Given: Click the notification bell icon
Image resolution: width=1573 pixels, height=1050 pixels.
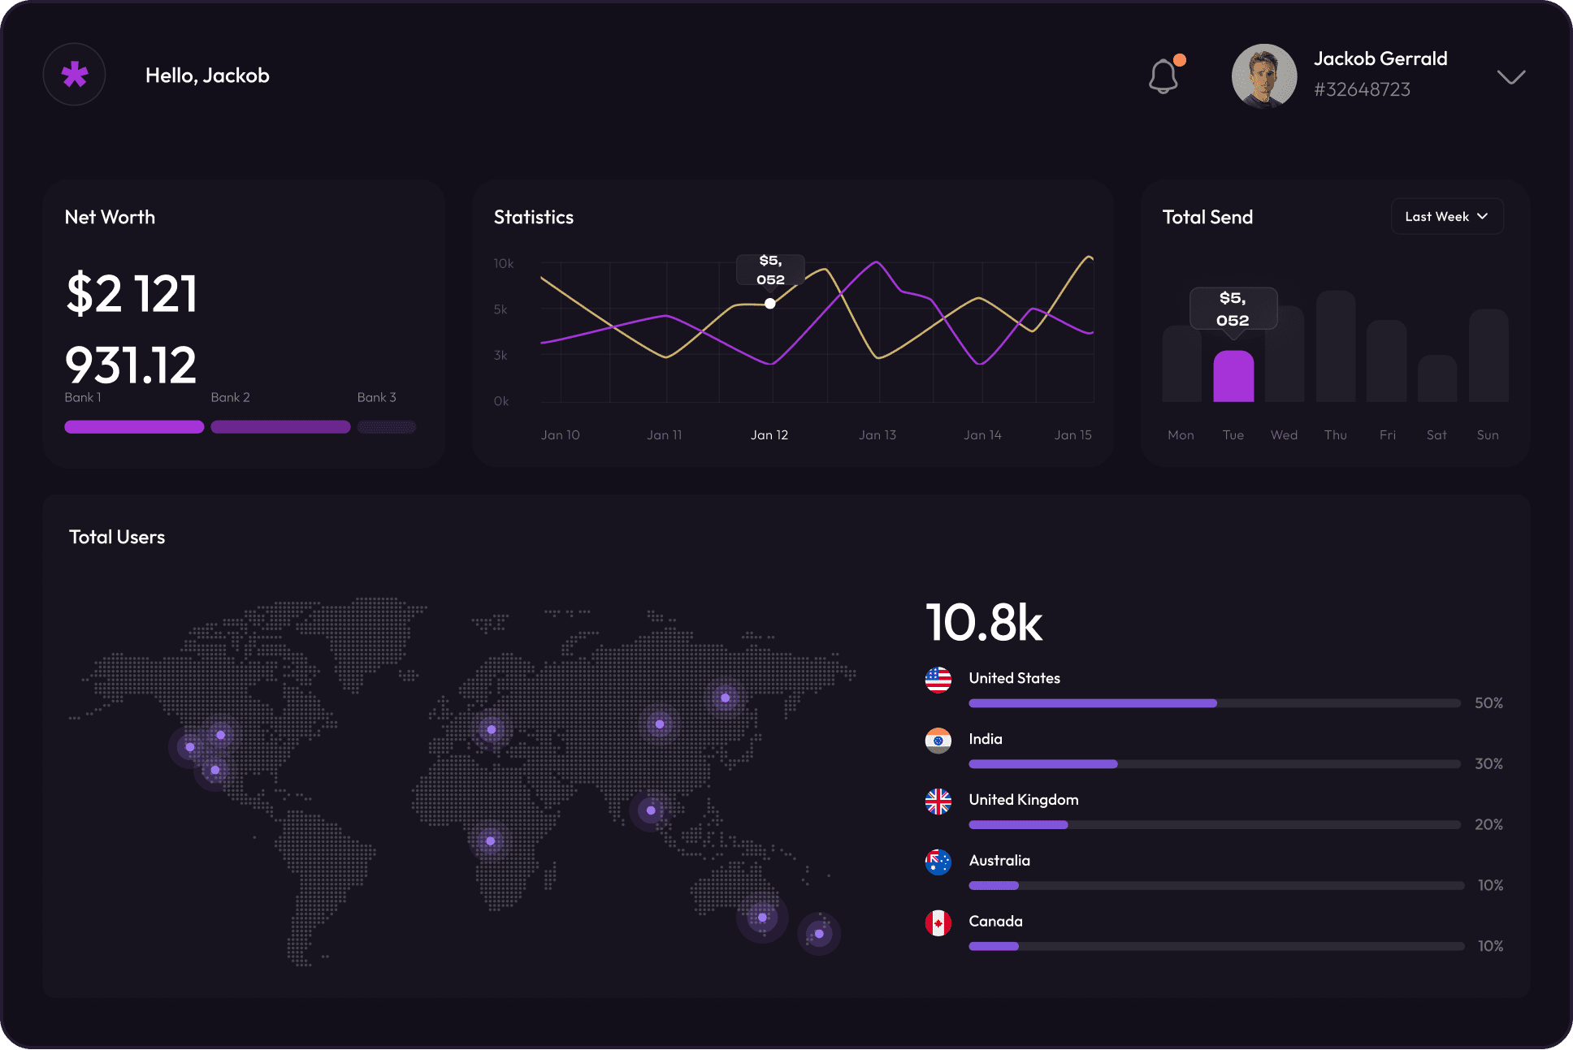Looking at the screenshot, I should pos(1163,76).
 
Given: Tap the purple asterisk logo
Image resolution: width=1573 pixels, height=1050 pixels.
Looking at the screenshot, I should pos(74,75).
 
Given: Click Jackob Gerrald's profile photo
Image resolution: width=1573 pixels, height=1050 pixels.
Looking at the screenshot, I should pos(1263,76).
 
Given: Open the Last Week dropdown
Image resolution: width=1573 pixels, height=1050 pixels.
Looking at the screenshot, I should pos(1446,217).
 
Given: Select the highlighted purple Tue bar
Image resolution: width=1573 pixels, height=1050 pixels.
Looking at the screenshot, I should pos(1233,377).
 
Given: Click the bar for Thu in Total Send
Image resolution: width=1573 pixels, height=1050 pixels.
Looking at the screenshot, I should pos(1335,347).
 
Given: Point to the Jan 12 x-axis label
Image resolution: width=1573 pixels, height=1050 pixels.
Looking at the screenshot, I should pos(769,435).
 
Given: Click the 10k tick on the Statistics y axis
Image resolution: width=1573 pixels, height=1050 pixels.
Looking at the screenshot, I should pos(504,264).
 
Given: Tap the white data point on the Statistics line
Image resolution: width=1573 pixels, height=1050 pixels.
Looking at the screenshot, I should pos(769,304).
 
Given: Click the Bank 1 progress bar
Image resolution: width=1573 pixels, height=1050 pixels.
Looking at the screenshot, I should pos(134,427).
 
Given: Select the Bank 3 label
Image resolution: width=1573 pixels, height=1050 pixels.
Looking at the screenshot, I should pos(376,397).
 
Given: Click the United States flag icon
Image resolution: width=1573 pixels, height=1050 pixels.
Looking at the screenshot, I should pos(938,679).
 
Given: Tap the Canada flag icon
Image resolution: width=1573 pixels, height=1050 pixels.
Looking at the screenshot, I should pos(938,923).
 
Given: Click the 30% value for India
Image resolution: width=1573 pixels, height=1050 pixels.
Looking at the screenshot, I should pos(1488,763).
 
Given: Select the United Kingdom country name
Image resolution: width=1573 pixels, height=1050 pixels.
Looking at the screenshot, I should pos(1023,800).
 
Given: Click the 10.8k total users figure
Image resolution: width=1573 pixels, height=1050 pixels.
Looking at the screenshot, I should pos(983,624).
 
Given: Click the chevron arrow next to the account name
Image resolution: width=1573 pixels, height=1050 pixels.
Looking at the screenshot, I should pos(1510,77).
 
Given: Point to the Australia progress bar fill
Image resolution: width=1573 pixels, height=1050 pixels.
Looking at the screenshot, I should pos(993,885).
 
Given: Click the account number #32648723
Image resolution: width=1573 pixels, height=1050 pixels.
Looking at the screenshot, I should pos(1362,89).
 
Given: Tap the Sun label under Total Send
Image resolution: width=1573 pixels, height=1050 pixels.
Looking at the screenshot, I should pos(1487,435).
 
